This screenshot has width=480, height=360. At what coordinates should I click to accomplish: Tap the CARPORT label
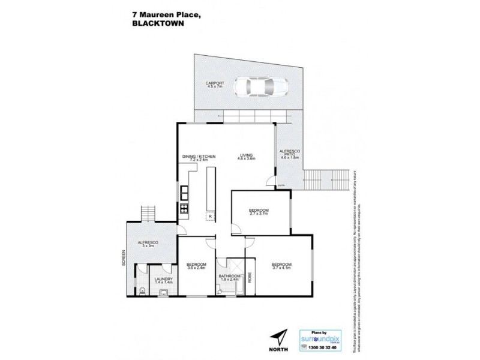[x=215, y=85]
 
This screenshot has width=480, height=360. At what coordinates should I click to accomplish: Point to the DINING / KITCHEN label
[x=199, y=158]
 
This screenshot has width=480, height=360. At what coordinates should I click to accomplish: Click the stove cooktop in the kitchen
[x=184, y=210]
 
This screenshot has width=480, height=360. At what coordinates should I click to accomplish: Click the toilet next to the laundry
[x=141, y=291]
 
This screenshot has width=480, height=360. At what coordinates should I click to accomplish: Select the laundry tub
[x=164, y=292]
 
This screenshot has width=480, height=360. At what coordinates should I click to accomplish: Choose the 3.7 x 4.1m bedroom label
[x=281, y=266]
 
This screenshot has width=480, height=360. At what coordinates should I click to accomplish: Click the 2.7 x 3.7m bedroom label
[x=260, y=211]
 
